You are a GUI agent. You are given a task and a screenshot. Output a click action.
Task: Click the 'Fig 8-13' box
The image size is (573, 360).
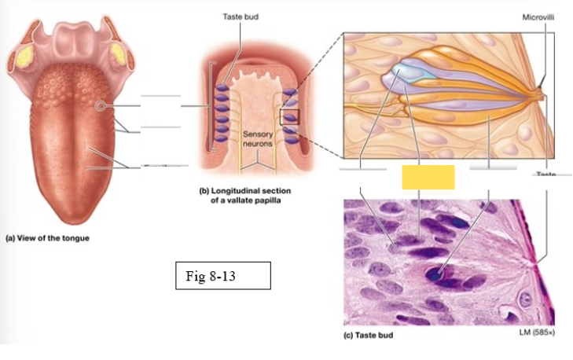pyautogui.click(x=222, y=276)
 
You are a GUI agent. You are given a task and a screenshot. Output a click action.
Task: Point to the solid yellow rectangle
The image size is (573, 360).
pyautogui.click(x=428, y=178)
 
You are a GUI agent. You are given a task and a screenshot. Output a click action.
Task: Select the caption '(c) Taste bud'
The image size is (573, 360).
pyautogui.click(x=369, y=336)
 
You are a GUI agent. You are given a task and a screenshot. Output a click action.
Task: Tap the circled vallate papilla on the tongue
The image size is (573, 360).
pyautogui.click(x=100, y=105)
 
